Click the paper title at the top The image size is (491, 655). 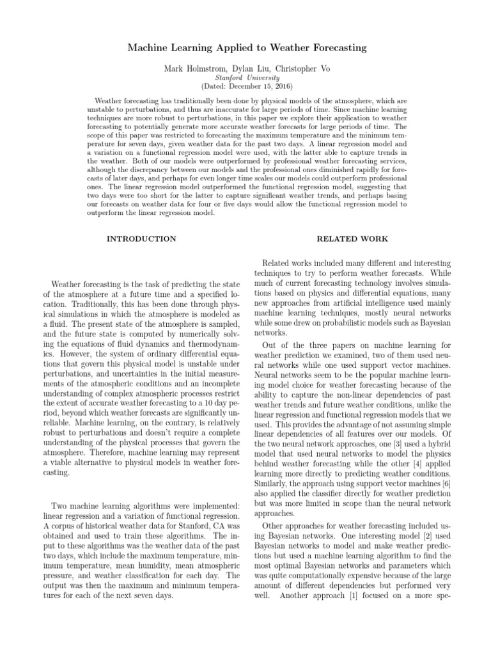point(245,48)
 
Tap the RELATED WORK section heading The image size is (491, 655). point(348,239)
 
